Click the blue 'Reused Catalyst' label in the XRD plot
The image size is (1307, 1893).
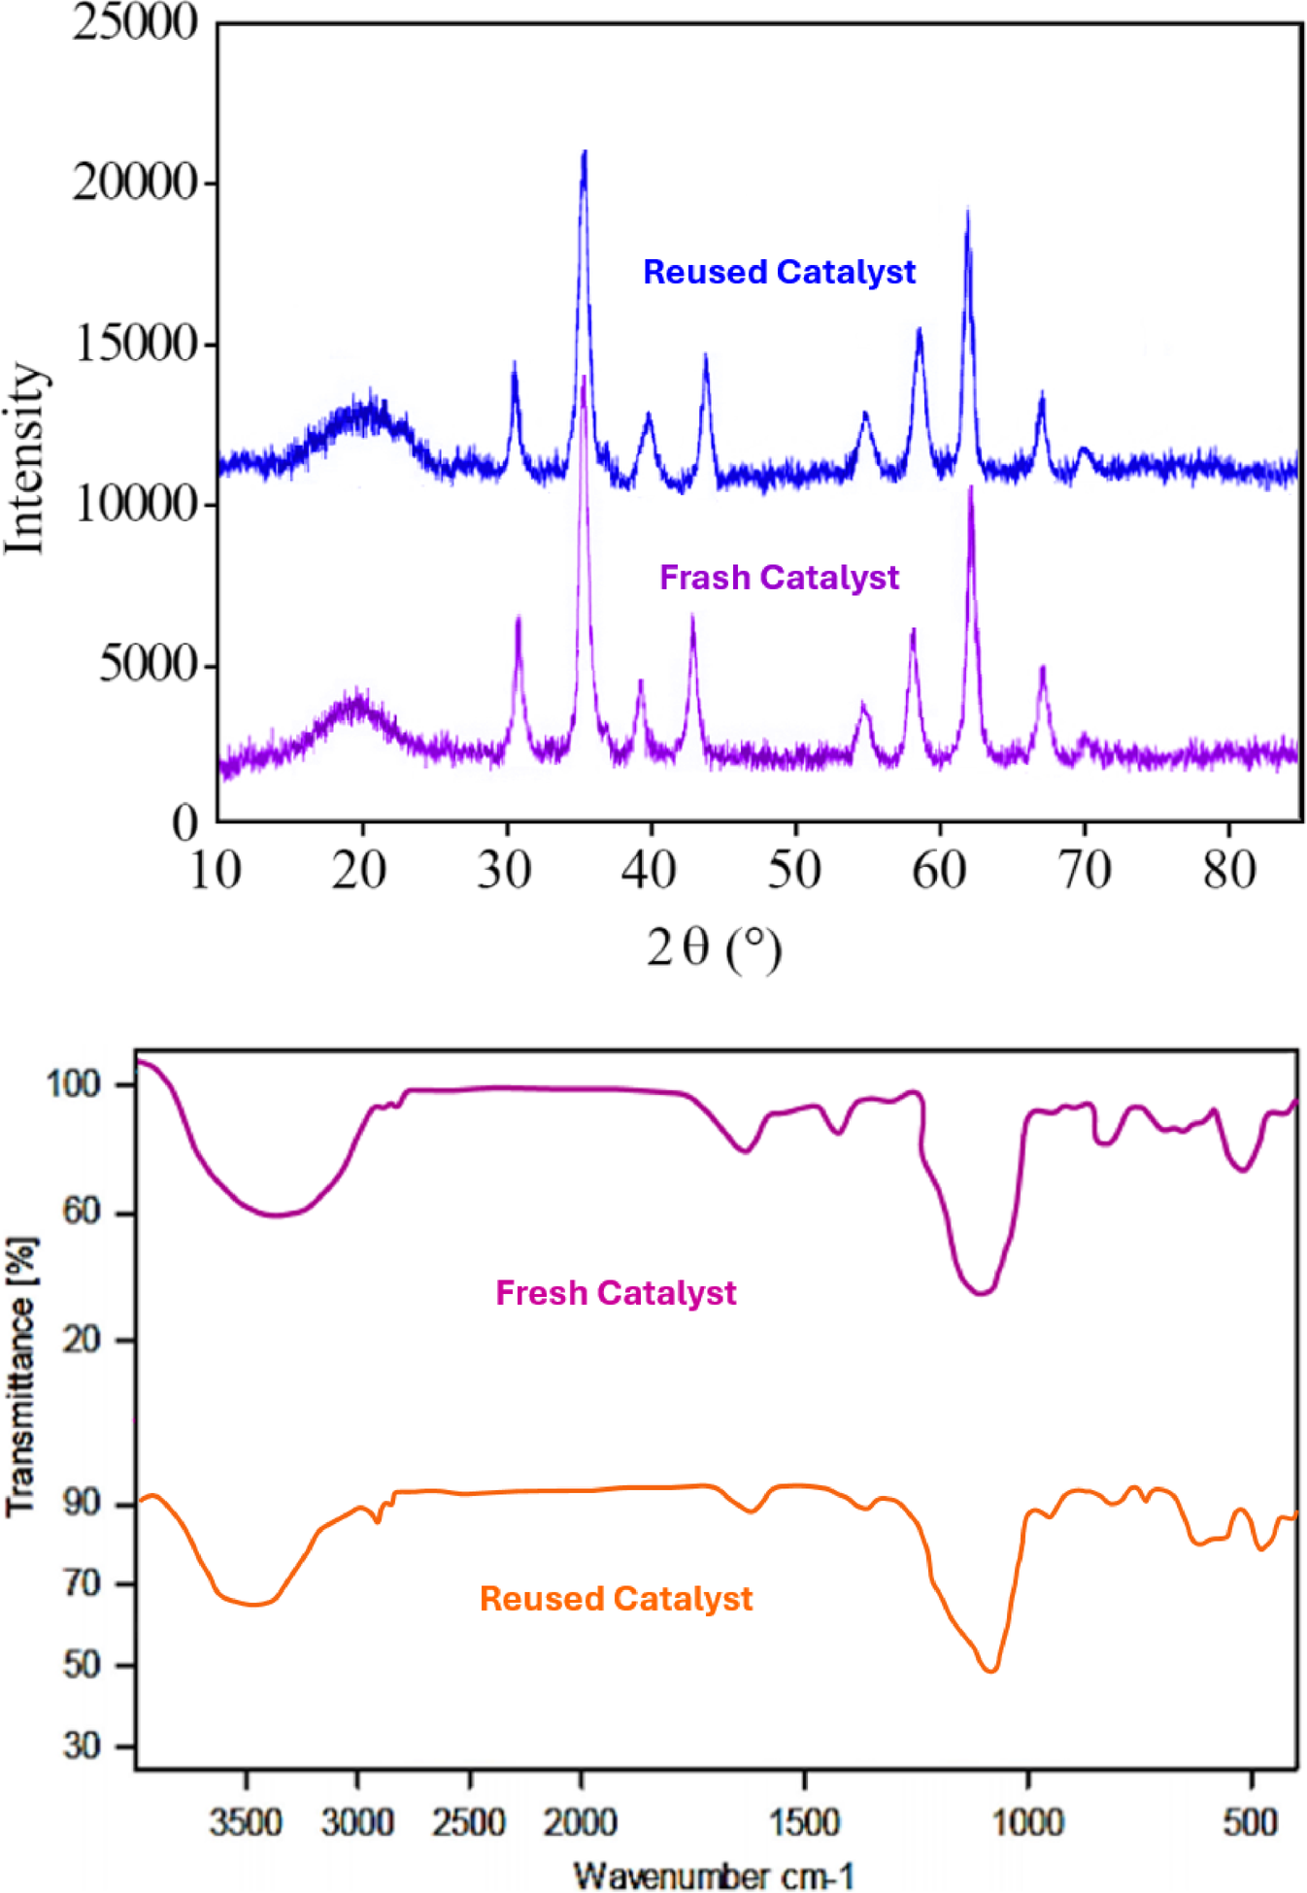779,272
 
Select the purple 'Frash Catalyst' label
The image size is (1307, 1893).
779,578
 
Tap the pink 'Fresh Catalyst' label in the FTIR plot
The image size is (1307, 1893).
616,1293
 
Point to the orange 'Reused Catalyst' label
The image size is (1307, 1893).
616,1599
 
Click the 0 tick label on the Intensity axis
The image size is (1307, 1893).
184,822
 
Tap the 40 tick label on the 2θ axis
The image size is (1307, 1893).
649,870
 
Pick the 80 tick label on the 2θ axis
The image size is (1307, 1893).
1228,870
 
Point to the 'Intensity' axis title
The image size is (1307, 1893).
25,458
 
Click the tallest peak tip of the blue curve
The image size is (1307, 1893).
584,152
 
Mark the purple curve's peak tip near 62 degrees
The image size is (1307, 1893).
970,488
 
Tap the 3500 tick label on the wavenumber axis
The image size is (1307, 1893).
246,1822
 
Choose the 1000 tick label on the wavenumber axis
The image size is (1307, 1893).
1027,1822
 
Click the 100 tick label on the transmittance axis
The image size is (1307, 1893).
74,1084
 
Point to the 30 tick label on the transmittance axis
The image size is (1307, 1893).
83,1746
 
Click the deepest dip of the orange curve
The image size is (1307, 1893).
990,1671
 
